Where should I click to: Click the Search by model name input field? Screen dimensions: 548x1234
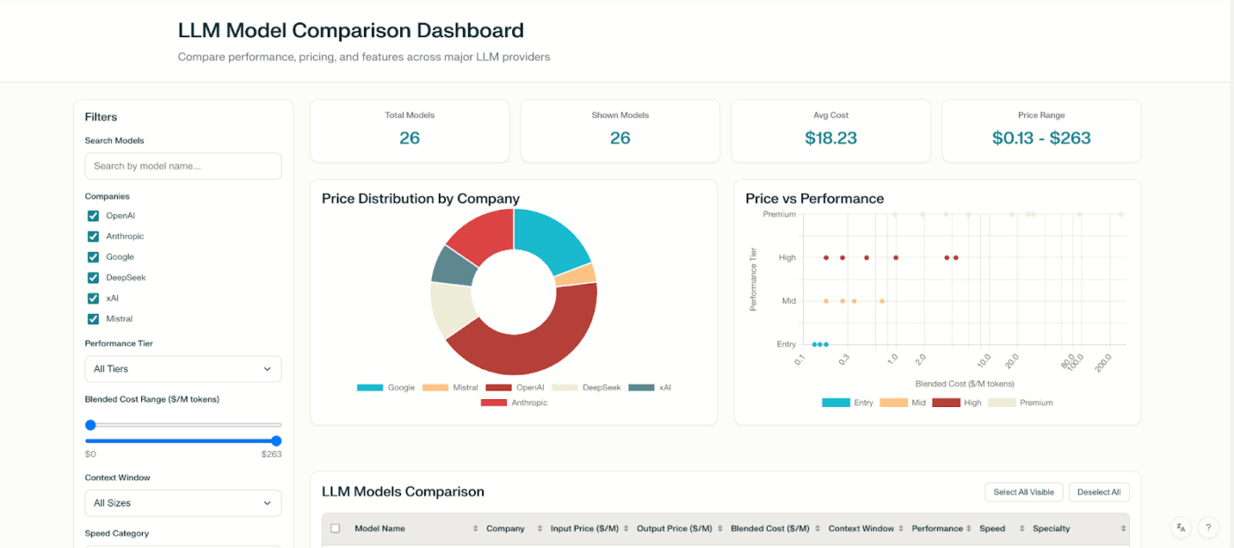182,166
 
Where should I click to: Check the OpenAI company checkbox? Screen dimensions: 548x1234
93,216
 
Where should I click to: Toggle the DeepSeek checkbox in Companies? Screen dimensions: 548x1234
93,278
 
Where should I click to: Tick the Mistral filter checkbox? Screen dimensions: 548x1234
93,319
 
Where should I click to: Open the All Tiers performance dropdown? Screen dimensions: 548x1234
182,369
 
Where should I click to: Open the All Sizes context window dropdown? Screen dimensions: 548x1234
182,503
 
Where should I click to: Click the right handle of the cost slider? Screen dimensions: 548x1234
276,441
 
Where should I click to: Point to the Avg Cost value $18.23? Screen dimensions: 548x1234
830,138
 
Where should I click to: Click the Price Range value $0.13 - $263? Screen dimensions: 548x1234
1041,138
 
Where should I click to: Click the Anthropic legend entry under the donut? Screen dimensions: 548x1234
514,403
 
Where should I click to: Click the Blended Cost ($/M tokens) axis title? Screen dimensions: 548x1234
964,384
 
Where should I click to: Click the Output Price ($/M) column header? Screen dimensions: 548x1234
674,529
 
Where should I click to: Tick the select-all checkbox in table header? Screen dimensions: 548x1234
335,529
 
